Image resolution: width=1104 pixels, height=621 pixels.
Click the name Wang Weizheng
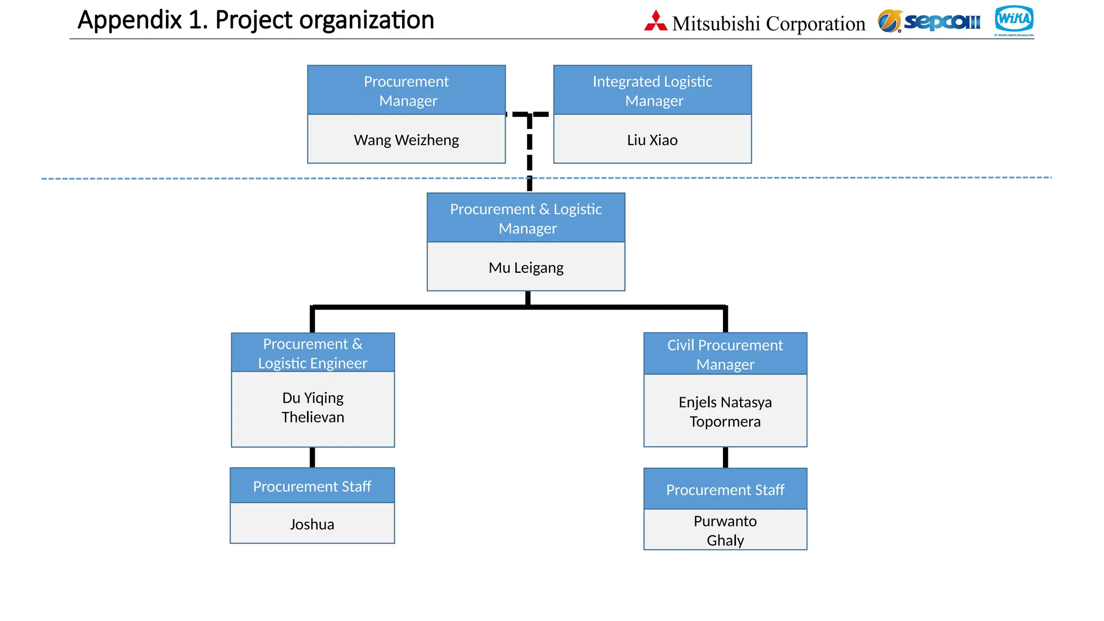click(x=406, y=140)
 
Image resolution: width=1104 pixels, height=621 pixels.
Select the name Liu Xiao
click(x=652, y=140)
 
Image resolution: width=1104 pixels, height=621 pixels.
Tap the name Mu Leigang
click(x=526, y=268)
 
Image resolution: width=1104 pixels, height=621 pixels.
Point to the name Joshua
click(x=312, y=525)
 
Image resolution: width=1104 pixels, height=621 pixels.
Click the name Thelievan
click(x=313, y=417)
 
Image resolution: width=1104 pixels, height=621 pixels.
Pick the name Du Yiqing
click(x=313, y=398)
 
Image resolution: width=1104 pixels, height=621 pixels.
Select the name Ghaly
click(x=725, y=540)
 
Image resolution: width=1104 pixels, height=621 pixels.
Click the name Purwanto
click(x=725, y=521)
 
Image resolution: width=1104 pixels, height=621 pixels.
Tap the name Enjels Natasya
click(x=725, y=402)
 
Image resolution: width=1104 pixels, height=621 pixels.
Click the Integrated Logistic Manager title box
click(x=652, y=91)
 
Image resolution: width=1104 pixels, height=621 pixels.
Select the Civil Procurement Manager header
click(x=725, y=354)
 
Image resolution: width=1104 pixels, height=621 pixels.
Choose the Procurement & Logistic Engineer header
click(x=313, y=353)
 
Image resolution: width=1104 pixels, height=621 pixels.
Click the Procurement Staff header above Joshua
click(x=312, y=486)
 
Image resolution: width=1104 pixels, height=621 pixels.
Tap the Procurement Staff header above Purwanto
click(x=725, y=489)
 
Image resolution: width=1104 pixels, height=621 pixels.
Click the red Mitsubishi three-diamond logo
click(x=655, y=21)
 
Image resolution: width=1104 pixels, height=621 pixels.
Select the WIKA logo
click(x=1013, y=19)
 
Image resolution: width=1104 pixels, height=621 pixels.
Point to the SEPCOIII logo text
click(x=942, y=22)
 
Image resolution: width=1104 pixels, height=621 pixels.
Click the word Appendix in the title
click(x=129, y=20)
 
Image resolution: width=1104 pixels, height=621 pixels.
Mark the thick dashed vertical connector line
click(x=529, y=156)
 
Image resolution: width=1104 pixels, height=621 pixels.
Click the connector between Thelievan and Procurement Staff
click(x=312, y=457)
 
